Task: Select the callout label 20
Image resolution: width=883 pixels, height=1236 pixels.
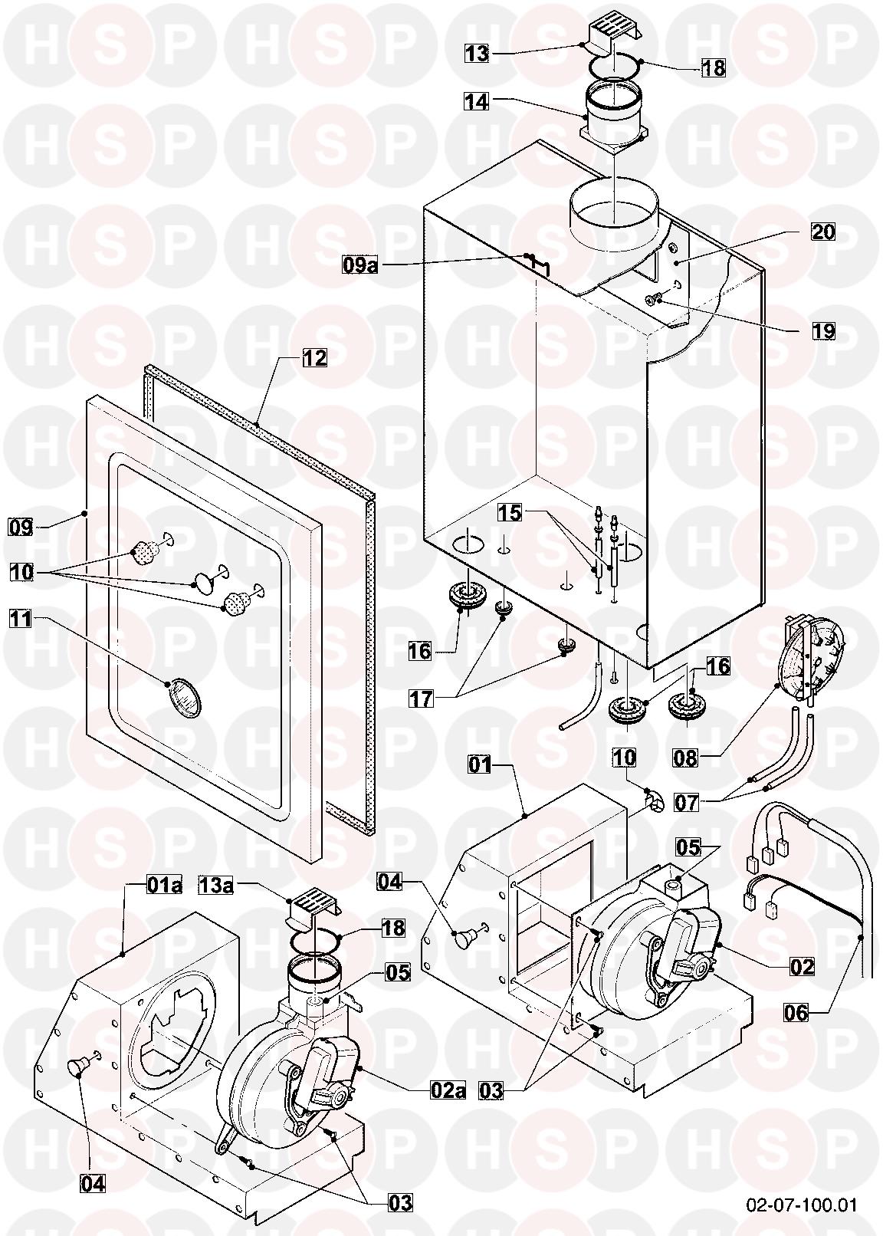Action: pyautogui.click(x=822, y=231)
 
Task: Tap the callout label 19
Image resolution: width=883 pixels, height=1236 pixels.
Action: pyautogui.click(x=822, y=332)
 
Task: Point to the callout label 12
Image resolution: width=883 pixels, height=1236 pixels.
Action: pyautogui.click(x=313, y=358)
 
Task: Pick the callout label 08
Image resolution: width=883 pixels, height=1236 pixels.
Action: pyautogui.click(x=686, y=758)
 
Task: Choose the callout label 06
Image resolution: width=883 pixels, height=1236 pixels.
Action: pyautogui.click(x=796, y=1013)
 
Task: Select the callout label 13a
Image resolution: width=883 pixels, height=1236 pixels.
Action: pyautogui.click(x=216, y=885)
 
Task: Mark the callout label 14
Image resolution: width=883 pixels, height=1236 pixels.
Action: pyautogui.click(x=477, y=100)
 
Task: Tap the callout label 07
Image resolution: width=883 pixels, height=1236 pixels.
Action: pyautogui.click(x=687, y=803)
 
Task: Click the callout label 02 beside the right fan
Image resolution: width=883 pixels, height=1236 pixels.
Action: pyautogui.click(x=801, y=967)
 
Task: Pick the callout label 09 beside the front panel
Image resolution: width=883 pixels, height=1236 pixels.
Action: pyautogui.click(x=20, y=527)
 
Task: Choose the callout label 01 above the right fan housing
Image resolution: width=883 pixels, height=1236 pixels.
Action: pyautogui.click(x=481, y=766)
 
